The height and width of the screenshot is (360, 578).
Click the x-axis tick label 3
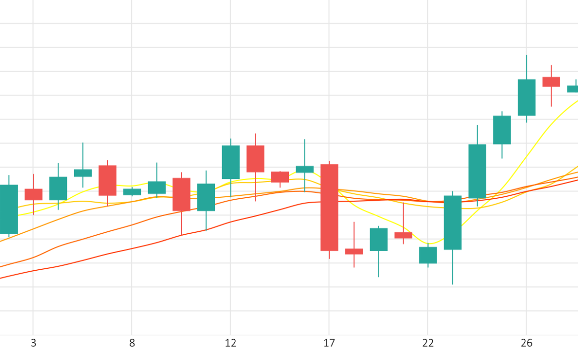33,343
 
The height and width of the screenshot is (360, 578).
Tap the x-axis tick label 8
132,343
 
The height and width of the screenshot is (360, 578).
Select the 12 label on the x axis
231,343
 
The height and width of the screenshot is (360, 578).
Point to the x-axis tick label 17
329,343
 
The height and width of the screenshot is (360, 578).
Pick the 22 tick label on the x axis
428,343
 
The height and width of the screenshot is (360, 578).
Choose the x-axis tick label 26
526,343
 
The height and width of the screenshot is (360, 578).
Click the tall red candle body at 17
329,207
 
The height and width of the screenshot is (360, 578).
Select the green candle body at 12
231,162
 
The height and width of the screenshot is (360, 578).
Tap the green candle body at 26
526,97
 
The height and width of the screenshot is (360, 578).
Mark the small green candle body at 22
428,255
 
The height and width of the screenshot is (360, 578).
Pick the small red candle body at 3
33,194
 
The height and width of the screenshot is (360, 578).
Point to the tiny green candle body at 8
132,192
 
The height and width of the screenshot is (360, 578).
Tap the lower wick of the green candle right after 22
453,267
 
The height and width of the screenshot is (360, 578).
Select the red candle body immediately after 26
551,82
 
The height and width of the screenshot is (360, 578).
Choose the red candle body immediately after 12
256,159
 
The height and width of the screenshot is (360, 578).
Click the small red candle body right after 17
354,251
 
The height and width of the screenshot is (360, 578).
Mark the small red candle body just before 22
403,235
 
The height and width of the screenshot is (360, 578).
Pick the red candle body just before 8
107,180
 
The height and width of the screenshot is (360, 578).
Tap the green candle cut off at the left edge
8,209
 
